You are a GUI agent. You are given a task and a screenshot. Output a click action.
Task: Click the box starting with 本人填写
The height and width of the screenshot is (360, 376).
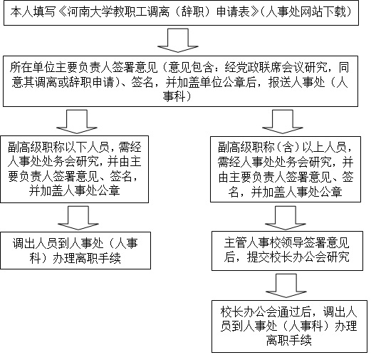pyautogui.click(x=181, y=13)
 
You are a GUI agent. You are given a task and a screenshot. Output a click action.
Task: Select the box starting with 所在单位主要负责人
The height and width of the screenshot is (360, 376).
pyautogui.click(x=180, y=81)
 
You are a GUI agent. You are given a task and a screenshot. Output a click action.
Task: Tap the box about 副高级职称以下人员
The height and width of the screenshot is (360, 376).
pyautogui.click(x=74, y=169)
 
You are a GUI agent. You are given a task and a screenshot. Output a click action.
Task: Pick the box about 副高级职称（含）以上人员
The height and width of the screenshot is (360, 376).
pyautogui.click(x=286, y=169)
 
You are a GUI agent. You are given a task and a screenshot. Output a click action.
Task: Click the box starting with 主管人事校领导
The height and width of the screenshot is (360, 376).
pyautogui.click(x=287, y=251)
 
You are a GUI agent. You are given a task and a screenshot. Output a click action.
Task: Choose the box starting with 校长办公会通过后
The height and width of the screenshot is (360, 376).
pyautogui.click(x=289, y=326)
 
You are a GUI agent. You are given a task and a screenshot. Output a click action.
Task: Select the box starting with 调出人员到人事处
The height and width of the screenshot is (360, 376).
pyautogui.click(x=75, y=250)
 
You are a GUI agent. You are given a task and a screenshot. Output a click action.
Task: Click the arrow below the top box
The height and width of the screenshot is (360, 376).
pyautogui.click(x=178, y=41)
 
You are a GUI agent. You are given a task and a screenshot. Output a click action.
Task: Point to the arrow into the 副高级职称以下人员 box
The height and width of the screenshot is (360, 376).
pyautogui.click(x=77, y=122)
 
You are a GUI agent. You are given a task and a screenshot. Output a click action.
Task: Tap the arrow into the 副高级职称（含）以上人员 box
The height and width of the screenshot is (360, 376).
pyautogui.click(x=283, y=122)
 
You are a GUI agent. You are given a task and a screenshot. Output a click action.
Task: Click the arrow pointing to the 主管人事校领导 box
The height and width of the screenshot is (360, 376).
pyautogui.click(x=286, y=218)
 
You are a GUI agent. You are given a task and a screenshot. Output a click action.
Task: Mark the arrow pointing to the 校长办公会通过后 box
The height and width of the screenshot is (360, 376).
pyautogui.click(x=286, y=286)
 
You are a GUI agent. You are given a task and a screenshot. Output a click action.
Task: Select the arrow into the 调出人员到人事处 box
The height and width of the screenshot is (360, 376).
pyautogui.click(x=78, y=218)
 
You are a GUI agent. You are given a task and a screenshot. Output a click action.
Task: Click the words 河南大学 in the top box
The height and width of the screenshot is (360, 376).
pyautogui.click(x=90, y=12)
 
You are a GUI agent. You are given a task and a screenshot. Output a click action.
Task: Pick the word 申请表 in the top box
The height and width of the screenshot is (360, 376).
pyautogui.click(x=233, y=12)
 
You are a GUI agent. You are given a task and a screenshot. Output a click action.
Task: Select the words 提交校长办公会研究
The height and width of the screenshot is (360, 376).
pyautogui.click(x=298, y=257)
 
